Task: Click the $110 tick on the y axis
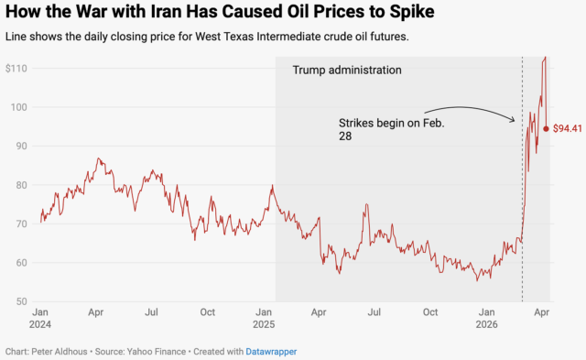coord(16,69)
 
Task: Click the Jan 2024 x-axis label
coord(40,318)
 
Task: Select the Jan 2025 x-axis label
coord(264,318)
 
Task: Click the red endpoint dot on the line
coord(546,128)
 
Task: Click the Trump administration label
coord(346,70)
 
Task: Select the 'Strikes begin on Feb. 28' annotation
coord(391,128)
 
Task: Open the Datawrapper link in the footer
coord(271,351)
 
